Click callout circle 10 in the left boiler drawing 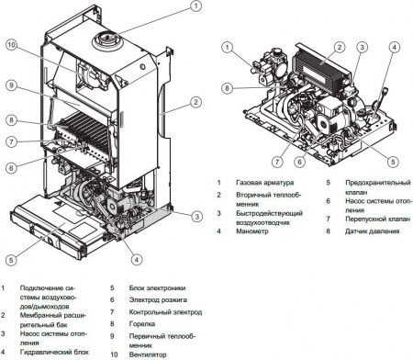(x=11, y=44)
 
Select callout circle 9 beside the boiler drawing (x=11, y=85)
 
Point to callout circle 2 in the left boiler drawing (x=195, y=102)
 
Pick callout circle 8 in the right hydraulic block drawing (x=226, y=89)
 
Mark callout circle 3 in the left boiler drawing (x=195, y=216)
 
